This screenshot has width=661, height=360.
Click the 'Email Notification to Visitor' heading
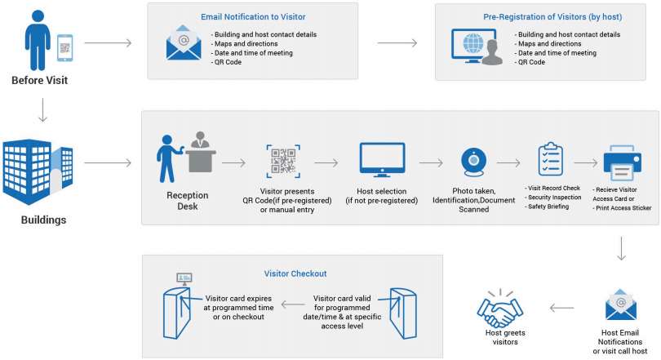pyautogui.click(x=252, y=16)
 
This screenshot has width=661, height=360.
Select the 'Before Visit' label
pyautogui.click(x=39, y=80)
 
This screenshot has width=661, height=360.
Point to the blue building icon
pyautogui.click(x=38, y=172)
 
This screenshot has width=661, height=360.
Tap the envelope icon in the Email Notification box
pyautogui.click(x=184, y=44)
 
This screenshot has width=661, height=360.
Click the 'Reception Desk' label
pyautogui.click(x=188, y=201)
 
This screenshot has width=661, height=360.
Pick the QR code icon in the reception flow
pyautogui.click(x=285, y=161)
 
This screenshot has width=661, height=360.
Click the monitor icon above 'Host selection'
pyautogui.click(x=382, y=160)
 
